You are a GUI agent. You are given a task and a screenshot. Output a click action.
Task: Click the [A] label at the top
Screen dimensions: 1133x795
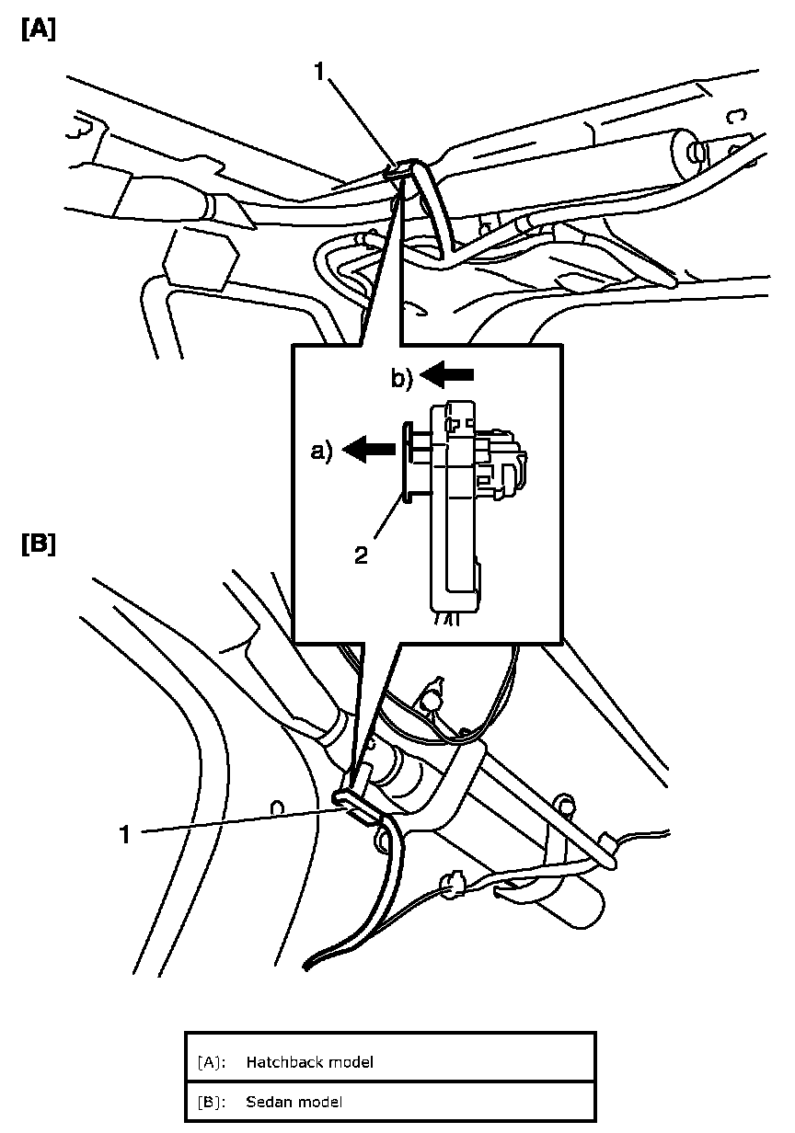[x=38, y=29]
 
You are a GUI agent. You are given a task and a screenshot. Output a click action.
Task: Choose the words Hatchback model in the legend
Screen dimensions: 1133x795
[x=309, y=1062]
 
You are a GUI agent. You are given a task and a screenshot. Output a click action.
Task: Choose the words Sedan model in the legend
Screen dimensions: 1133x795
[x=294, y=1102]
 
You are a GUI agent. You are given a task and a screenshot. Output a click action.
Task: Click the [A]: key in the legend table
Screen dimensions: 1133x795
[x=212, y=1062]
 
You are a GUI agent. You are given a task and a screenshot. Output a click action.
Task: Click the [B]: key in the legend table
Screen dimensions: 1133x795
[x=212, y=1102]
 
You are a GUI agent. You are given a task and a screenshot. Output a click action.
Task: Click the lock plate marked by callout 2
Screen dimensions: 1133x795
[x=406, y=460]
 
